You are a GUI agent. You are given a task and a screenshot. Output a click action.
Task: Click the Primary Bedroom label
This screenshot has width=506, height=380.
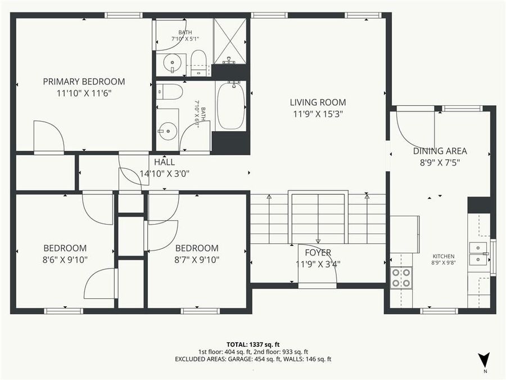coord(84,82)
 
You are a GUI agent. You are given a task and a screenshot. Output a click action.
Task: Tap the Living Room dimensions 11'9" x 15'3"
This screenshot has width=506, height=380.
coord(318,113)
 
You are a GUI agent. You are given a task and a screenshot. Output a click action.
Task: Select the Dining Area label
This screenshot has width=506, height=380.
coord(440,151)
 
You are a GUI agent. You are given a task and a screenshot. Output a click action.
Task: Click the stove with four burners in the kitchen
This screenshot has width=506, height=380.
coord(400,277)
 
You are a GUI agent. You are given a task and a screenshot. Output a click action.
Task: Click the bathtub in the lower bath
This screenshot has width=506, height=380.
coord(231,105)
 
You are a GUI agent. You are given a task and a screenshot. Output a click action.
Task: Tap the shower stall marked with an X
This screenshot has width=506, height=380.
coord(230,40)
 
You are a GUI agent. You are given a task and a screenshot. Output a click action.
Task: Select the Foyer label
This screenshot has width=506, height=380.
coord(318,252)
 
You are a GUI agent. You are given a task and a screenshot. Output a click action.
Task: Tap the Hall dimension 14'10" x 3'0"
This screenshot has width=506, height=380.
coord(164,173)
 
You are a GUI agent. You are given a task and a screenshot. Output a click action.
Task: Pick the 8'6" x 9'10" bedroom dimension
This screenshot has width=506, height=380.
coord(65,260)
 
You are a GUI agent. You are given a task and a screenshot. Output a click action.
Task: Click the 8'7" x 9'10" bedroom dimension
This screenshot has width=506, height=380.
coord(196,260)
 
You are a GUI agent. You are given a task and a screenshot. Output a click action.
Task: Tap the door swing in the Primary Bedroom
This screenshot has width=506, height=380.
coord(48,136)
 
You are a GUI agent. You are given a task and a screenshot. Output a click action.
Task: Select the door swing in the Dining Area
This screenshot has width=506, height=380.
coord(414,127)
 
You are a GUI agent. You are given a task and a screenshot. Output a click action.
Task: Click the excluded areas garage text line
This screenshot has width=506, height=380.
coord(252,359)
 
